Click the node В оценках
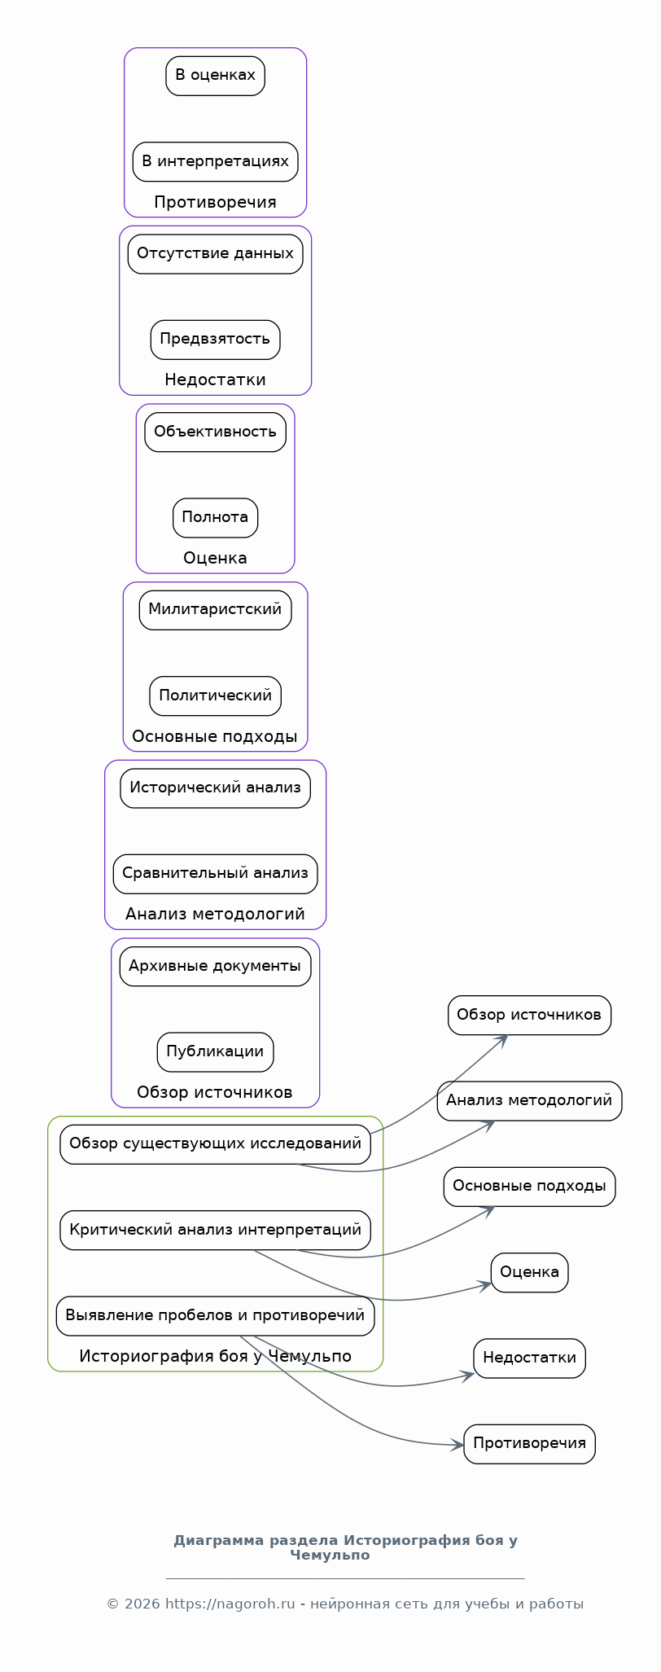(x=215, y=76)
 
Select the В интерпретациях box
(x=215, y=161)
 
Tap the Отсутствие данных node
(x=215, y=254)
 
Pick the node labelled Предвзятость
(x=215, y=340)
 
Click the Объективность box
(x=215, y=432)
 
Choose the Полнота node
(x=215, y=518)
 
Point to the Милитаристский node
(x=215, y=610)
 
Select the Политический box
(x=215, y=696)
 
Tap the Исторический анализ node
(x=215, y=788)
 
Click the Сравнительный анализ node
(x=215, y=874)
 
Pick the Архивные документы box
(x=215, y=966)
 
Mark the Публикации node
(x=215, y=1052)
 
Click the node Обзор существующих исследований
(x=215, y=1144)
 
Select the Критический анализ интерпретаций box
(x=215, y=1230)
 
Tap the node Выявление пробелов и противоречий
(x=215, y=1316)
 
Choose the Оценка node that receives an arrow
(x=529, y=1273)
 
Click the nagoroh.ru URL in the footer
(x=230, y=1604)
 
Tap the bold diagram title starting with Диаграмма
(x=345, y=1547)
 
